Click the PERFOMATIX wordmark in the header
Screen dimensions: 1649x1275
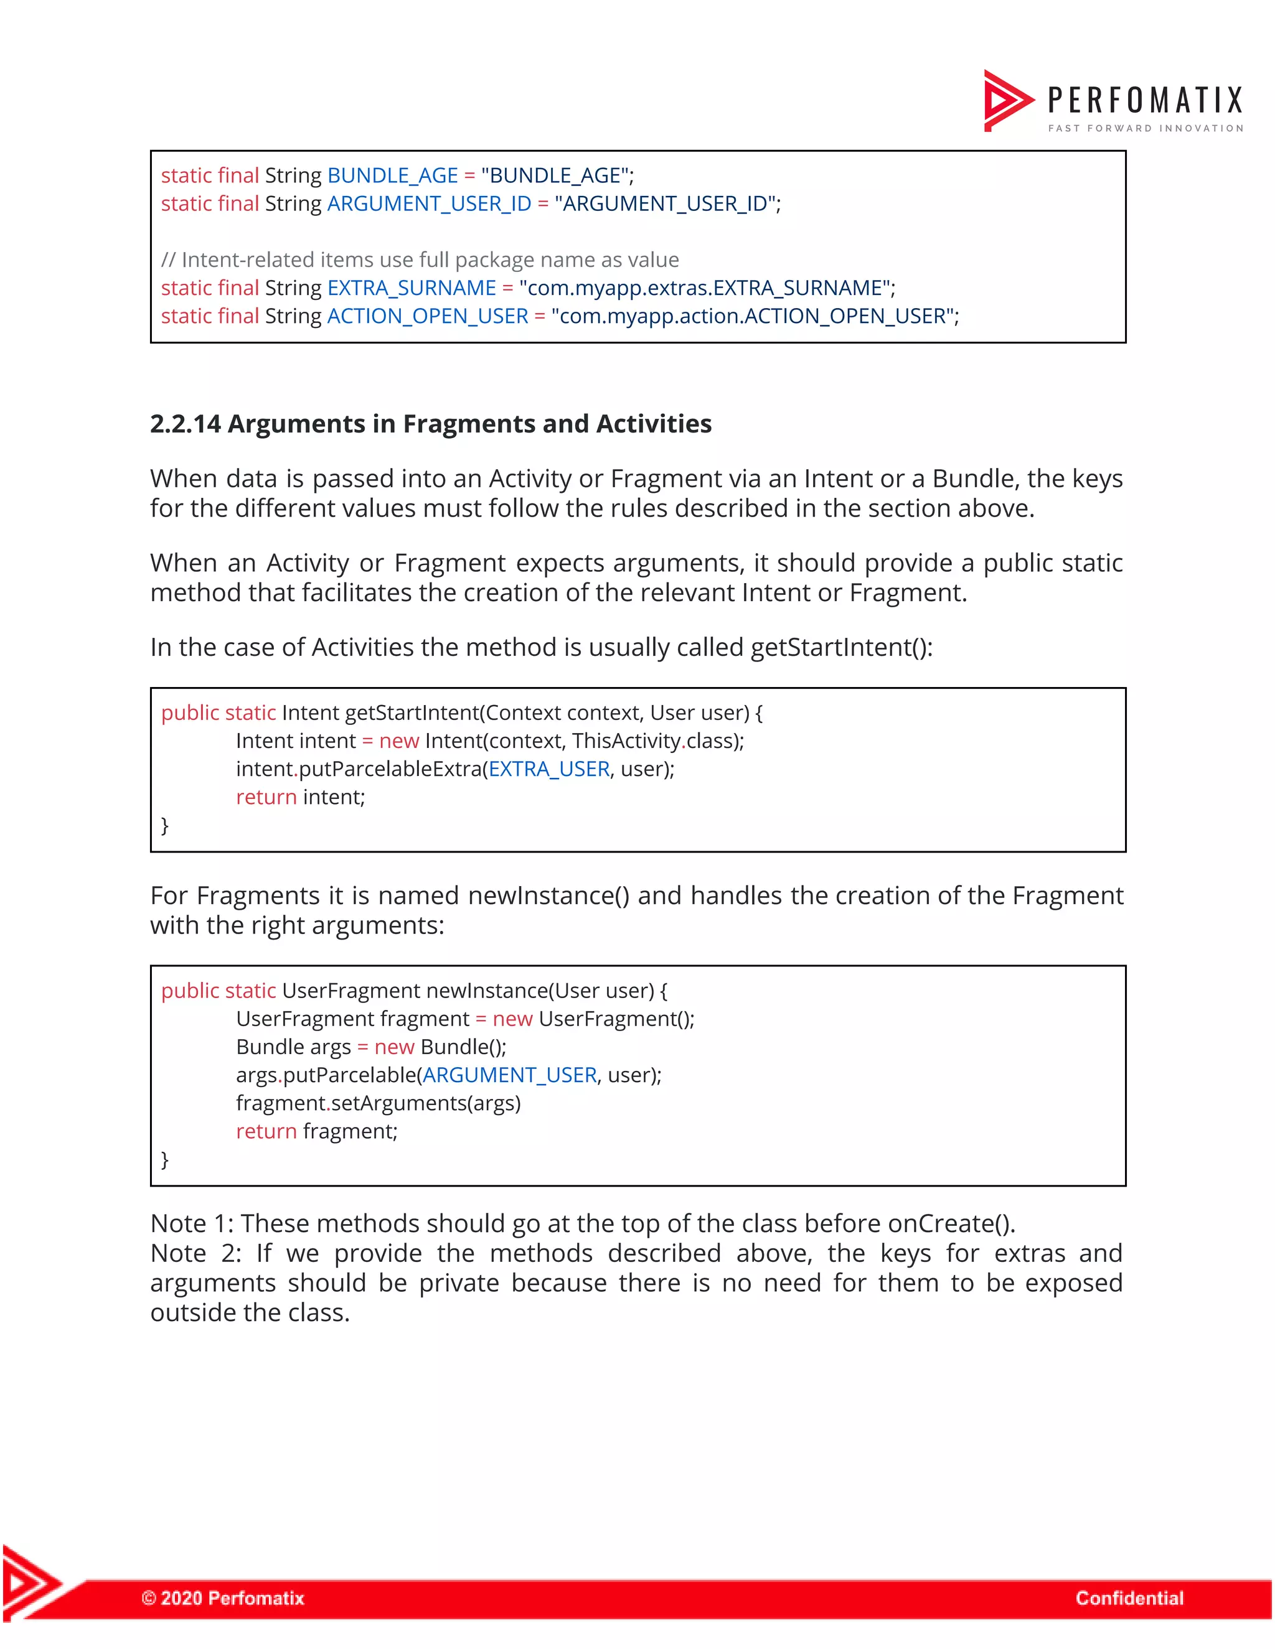[1144, 100]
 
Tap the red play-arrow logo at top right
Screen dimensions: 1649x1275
[1007, 100]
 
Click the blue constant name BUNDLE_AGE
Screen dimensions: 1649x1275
[392, 175]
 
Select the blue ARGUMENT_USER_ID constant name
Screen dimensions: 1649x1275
[428, 204]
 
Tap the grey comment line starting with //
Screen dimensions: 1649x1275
[419, 259]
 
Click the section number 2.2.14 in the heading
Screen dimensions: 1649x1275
[185, 424]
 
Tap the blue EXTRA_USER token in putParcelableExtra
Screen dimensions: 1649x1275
[548, 768]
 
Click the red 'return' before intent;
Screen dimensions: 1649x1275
[266, 797]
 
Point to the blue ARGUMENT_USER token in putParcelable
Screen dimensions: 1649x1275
[509, 1075]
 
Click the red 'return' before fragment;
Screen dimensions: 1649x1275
[266, 1131]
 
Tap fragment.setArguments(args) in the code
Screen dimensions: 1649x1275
[378, 1103]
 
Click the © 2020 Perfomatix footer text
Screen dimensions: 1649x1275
[223, 1597]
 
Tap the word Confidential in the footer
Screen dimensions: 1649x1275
[1129, 1597]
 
